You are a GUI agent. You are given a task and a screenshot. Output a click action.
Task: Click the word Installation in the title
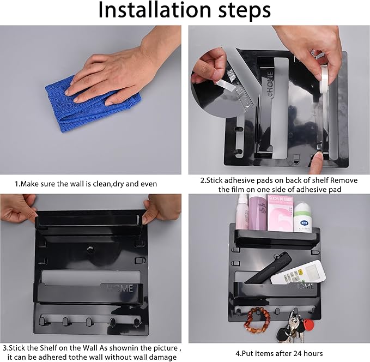[155, 10]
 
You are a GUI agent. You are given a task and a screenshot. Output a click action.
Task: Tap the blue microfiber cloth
[92, 104]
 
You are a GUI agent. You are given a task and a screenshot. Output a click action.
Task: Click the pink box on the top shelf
[280, 213]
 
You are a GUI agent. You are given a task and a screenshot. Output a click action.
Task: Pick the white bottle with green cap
[303, 217]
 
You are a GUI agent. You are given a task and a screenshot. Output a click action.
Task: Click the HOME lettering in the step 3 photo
[120, 288]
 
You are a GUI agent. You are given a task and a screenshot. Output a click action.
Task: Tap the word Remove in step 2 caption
[344, 180]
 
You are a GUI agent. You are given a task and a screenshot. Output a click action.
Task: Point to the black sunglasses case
[268, 268]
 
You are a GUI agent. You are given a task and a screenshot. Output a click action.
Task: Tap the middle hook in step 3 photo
[89, 322]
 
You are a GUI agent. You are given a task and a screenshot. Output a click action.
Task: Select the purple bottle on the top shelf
[258, 213]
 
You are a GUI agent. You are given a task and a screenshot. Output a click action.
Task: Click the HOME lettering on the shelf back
[270, 84]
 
